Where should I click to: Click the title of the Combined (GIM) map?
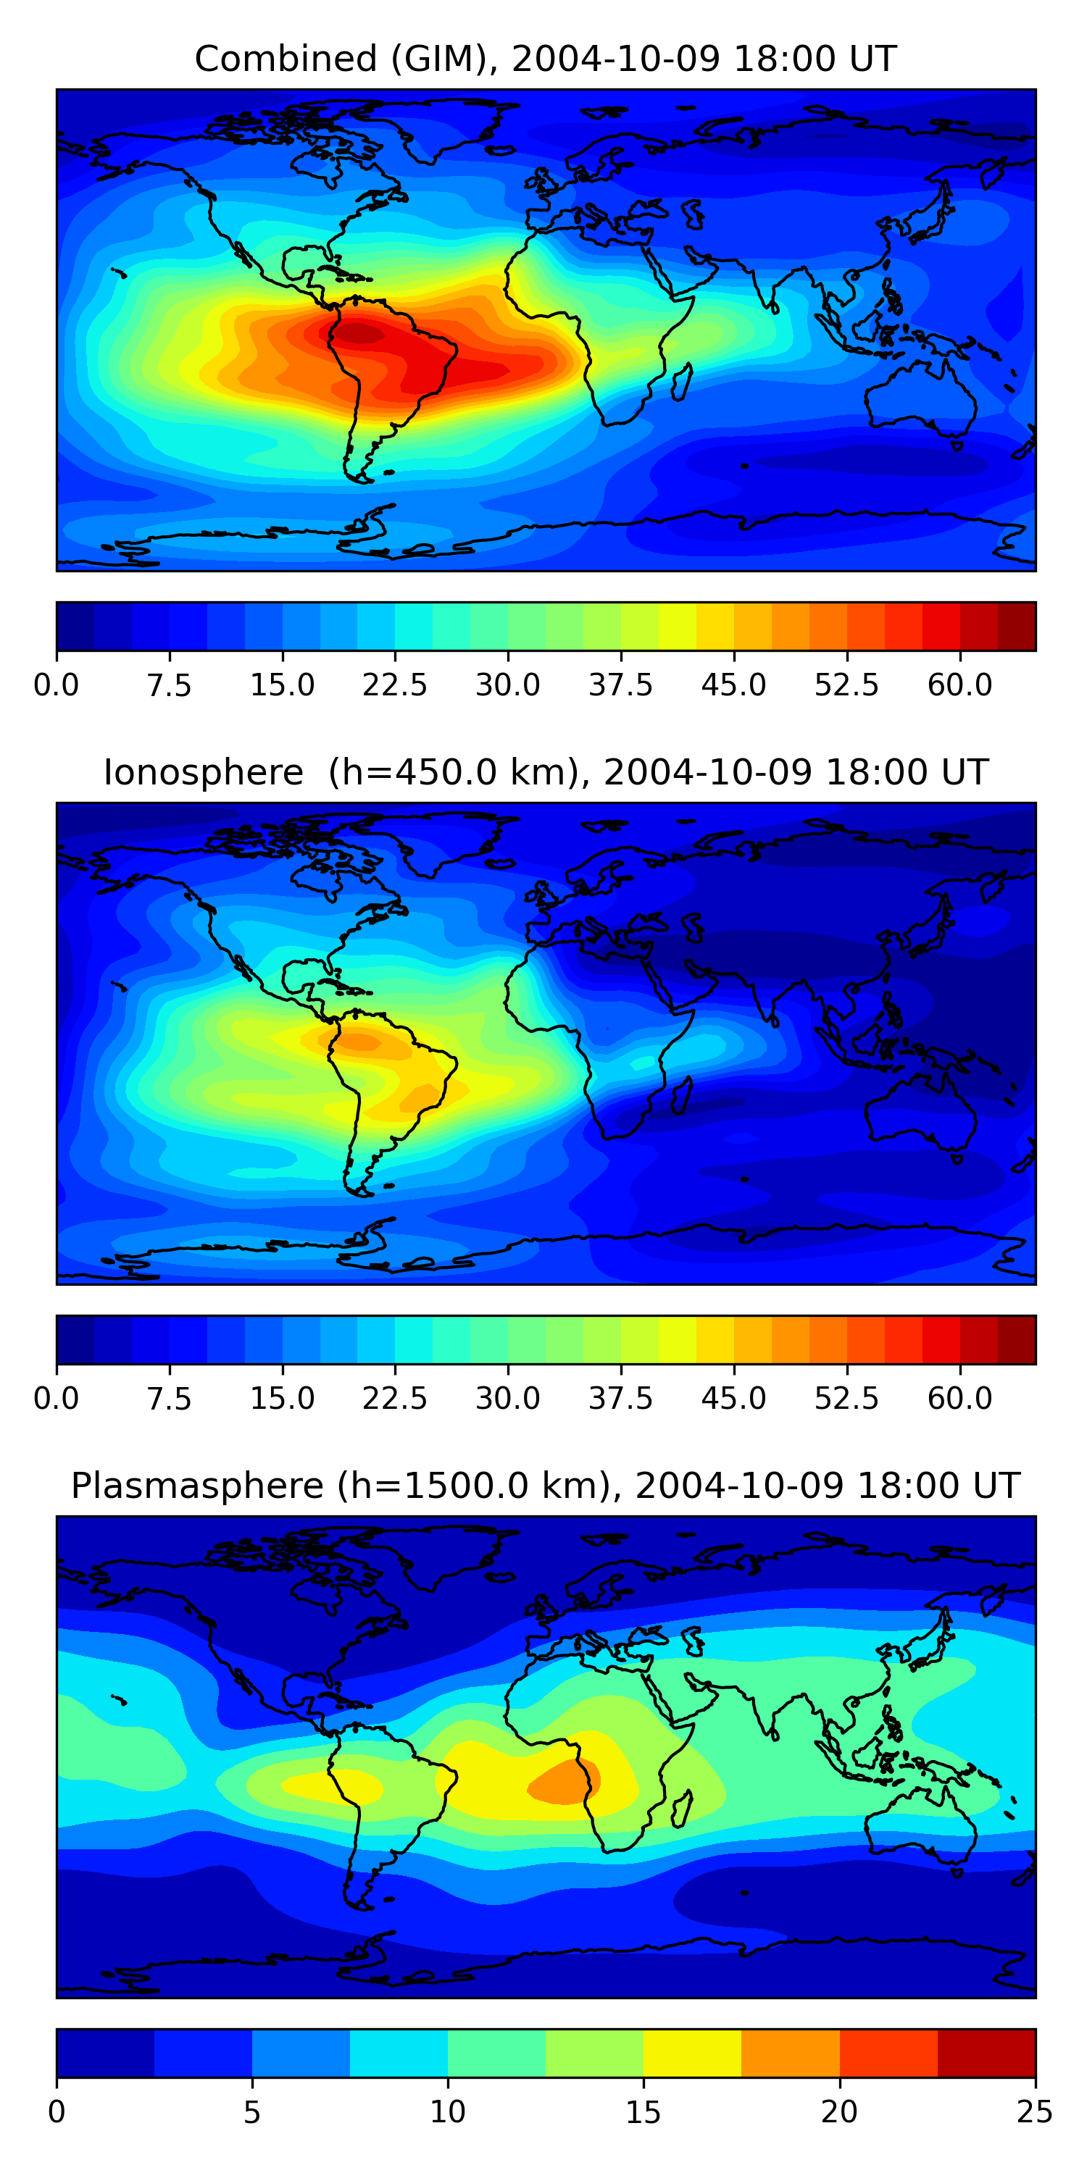pos(545,59)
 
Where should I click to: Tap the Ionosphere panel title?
pos(545,773)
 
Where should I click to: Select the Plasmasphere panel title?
pos(545,1486)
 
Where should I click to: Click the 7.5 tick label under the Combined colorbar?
pos(169,685)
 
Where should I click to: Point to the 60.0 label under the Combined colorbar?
pos(959,685)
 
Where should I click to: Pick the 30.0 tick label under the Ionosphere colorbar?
pos(508,1399)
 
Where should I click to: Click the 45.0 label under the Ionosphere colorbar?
pos(733,1399)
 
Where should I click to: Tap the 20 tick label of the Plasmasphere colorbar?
pos(839,2112)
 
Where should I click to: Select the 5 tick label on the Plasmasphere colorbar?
pos(251,2112)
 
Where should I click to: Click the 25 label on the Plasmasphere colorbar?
pos(1035,2112)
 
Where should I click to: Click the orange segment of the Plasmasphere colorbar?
pos(790,2052)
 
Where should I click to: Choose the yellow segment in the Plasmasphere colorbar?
pos(692,2052)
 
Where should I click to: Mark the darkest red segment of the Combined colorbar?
pos(1016,626)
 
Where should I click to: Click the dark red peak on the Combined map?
pos(359,334)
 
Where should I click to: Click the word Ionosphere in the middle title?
pos(203,773)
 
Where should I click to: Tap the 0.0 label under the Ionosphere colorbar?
pos(57,1399)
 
